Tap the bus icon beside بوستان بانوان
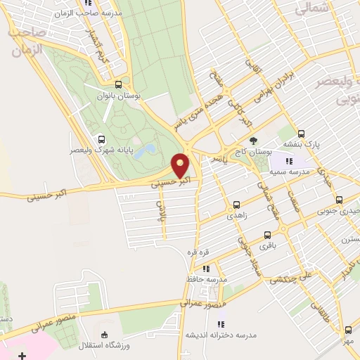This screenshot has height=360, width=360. (127, 83)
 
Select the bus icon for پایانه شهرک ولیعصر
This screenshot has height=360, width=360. (102, 139)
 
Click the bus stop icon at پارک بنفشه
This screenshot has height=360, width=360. (302, 133)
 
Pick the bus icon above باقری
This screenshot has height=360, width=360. (266, 235)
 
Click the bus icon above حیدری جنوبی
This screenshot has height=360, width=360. (339, 199)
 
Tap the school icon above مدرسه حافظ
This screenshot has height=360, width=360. (205, 268)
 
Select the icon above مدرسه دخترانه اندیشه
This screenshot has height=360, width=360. (221, 324)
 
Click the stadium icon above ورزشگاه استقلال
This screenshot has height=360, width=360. (105, 335)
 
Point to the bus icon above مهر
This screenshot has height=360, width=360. (348, 329)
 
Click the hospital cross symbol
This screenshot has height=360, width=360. (22, 356)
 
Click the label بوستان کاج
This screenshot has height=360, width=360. (255, 152)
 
